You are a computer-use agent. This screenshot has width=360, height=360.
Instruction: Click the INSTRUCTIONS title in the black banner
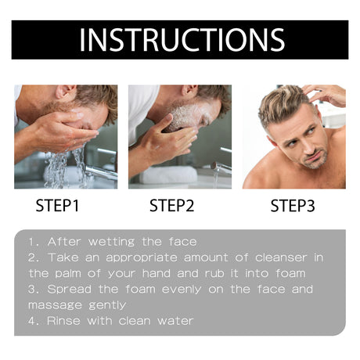click(x=181, y=40)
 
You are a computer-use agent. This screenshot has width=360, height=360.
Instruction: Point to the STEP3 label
click(x=293, y=207)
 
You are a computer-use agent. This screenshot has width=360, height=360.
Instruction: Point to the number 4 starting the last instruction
click(x=31, y=320)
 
